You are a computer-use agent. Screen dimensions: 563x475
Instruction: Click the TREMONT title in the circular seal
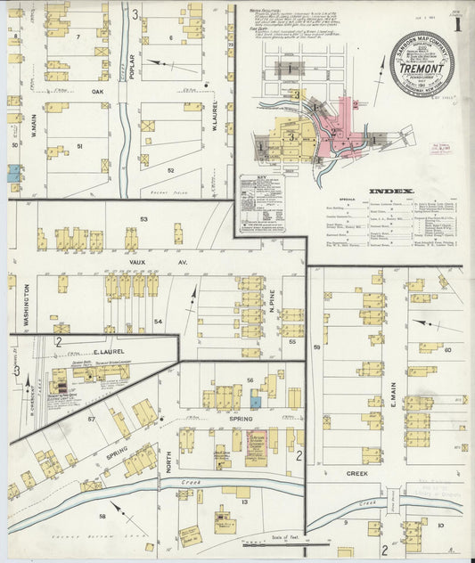422,64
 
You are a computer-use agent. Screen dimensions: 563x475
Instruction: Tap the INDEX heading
391,191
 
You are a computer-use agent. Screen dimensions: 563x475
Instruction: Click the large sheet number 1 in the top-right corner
458,25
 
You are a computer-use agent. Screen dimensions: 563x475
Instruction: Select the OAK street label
97,91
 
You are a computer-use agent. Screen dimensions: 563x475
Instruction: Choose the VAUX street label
136,264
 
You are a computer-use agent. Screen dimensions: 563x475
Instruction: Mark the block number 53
143,218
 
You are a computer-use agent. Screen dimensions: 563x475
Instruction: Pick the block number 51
79,146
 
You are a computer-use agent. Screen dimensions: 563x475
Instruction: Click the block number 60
447,350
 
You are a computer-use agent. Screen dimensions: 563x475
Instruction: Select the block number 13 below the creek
243,502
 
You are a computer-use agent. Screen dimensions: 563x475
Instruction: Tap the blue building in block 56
256,403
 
